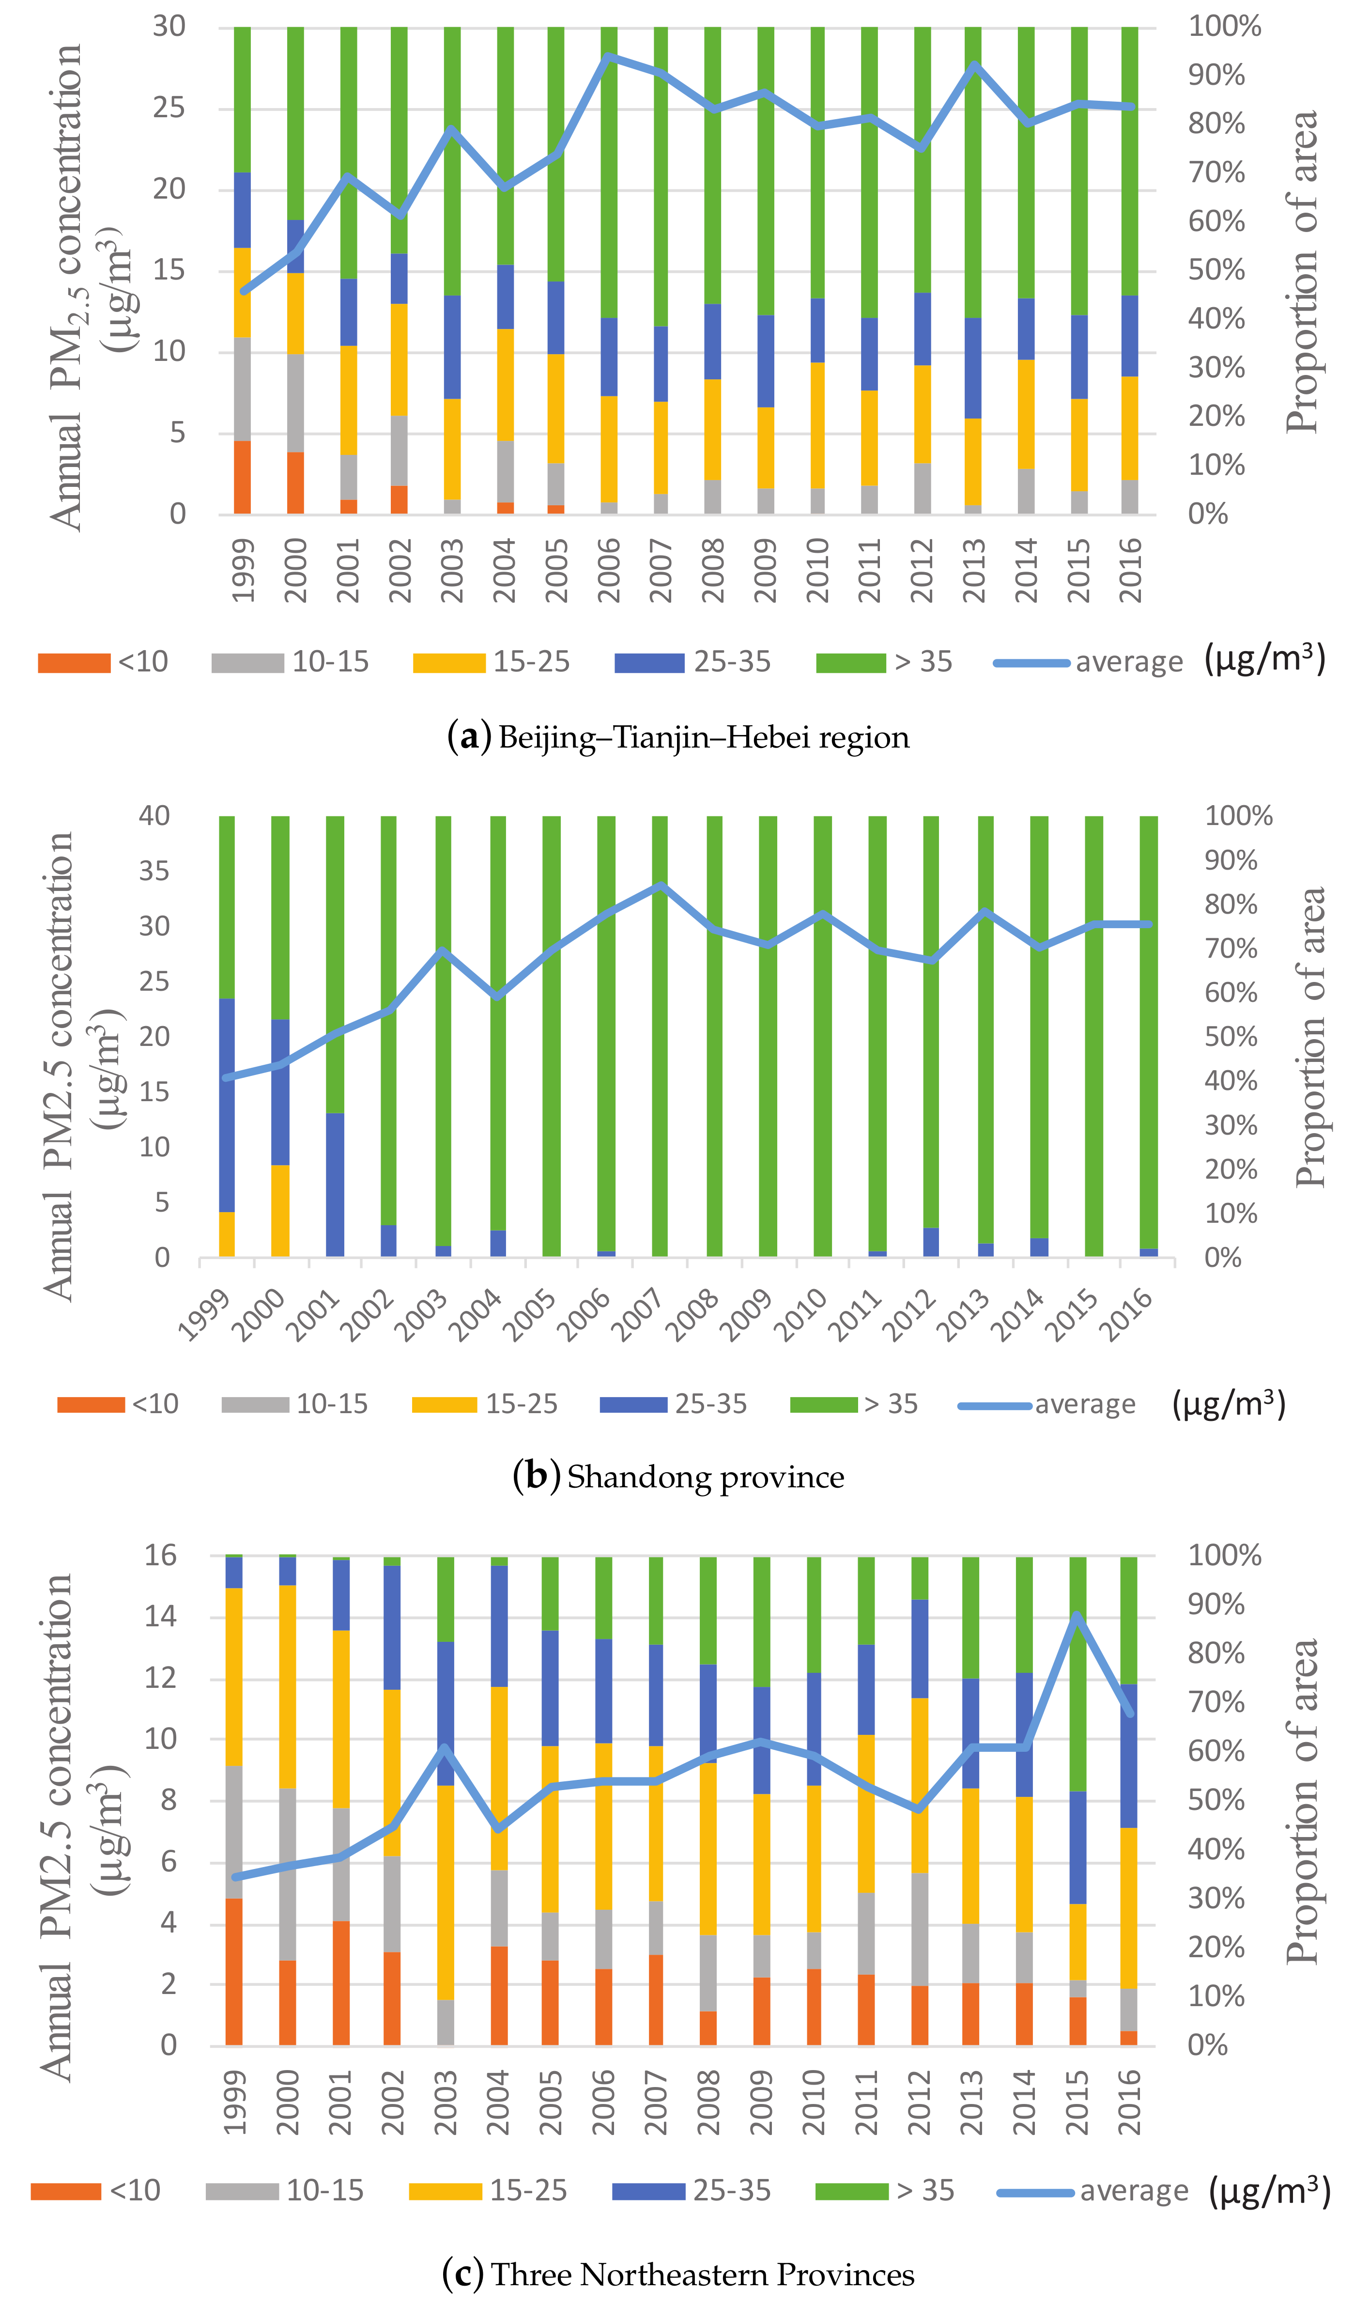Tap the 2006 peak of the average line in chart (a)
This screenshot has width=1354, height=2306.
pos(608,57)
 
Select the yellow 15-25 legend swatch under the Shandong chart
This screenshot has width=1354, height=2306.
pos(445,1404)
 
